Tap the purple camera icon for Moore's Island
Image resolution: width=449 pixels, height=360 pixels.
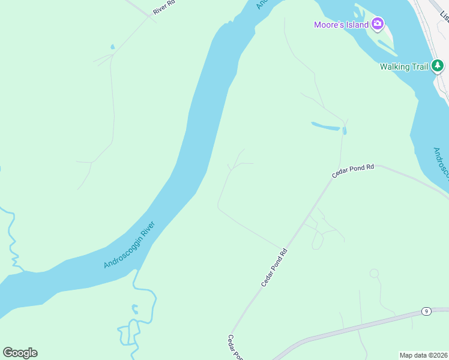pos(378,24)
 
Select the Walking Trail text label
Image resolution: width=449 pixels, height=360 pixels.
pos(403,67)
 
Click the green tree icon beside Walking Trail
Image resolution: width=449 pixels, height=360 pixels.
pos(439,65)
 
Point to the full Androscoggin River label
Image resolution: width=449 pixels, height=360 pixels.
pos(130,245)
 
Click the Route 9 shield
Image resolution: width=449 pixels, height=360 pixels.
pos(426,311)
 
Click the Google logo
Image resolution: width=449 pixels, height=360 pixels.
pos(20,353)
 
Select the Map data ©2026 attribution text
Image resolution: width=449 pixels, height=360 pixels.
pos(423,355)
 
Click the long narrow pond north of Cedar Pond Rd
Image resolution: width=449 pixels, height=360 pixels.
pos(325,127)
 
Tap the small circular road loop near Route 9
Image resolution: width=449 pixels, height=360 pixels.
pos(375,274)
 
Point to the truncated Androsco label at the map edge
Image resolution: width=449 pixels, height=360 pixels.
pos(440,164)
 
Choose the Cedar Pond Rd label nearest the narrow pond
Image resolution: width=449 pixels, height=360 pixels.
pos(353,171)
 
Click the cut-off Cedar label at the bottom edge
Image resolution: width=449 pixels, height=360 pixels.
pos(234,348)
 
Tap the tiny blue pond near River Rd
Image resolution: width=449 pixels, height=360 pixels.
pos(112,46)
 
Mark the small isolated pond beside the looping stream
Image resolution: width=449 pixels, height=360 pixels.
pos(135,310)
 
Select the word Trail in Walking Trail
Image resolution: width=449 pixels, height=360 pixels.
pos(418,67)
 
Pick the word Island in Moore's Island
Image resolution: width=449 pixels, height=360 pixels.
pos(357,25)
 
